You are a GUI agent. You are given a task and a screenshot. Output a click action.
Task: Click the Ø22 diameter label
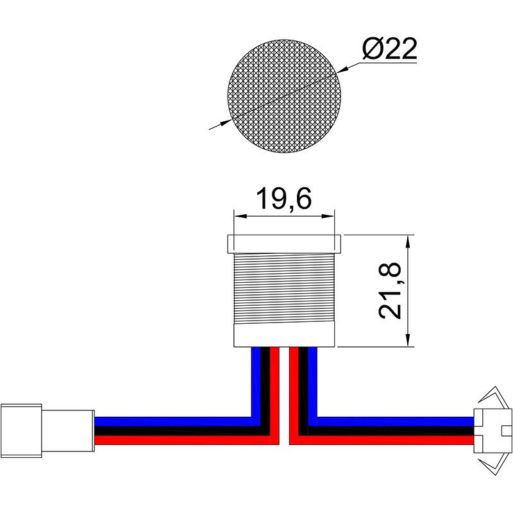389,49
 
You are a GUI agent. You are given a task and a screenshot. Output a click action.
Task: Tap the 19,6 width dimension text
283,199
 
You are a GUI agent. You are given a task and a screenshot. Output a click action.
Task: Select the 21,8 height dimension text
390,290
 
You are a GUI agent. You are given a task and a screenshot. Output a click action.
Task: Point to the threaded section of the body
284,289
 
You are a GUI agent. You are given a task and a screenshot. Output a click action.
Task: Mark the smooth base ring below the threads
284,336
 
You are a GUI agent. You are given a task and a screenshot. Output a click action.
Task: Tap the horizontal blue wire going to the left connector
173,421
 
